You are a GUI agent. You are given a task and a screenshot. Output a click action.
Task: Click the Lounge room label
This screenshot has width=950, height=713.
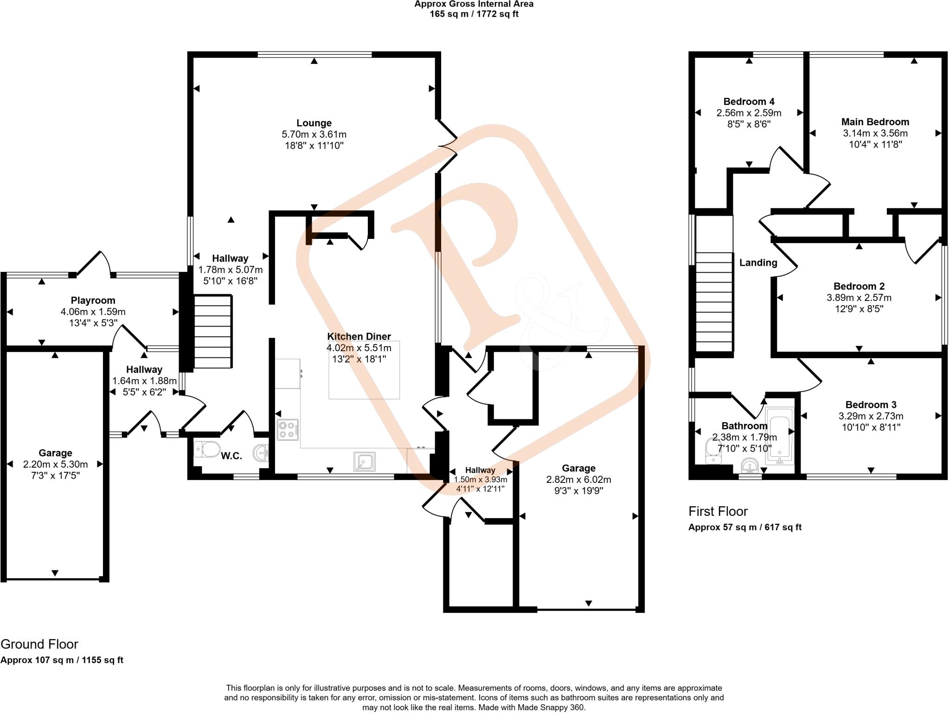314,123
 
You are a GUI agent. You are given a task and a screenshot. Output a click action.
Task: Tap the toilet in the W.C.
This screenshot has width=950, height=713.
207,449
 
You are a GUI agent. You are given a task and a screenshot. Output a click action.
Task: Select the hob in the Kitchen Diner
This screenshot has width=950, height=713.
288,429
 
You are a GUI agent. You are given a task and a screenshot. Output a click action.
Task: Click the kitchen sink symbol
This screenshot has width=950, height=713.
365,462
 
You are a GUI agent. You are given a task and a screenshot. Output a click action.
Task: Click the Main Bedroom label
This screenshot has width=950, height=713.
875,122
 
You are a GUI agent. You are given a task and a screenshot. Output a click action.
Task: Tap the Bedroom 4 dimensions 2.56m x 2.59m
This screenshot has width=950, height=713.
749,113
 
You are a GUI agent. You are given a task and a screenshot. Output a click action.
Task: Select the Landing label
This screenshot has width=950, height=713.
758,263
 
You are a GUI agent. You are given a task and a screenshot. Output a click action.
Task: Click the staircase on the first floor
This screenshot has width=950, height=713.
714,302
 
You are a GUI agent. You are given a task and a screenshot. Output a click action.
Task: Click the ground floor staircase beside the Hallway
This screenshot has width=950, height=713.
212,332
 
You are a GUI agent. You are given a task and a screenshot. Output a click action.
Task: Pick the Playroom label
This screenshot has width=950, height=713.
93,301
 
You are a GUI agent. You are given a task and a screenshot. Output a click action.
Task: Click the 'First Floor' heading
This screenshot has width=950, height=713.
718,511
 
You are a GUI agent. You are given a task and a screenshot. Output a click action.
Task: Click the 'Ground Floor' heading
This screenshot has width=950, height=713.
39,644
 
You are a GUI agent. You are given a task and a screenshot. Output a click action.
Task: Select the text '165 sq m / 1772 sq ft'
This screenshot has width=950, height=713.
474,14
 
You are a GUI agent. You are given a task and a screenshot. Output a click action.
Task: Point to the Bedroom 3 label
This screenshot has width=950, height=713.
871,405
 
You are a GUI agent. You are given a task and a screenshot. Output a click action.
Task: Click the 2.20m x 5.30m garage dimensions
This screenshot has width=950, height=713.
55,464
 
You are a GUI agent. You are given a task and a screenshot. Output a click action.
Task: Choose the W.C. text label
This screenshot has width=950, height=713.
231,456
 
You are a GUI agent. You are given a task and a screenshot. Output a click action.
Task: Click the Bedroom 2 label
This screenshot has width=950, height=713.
859,286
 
